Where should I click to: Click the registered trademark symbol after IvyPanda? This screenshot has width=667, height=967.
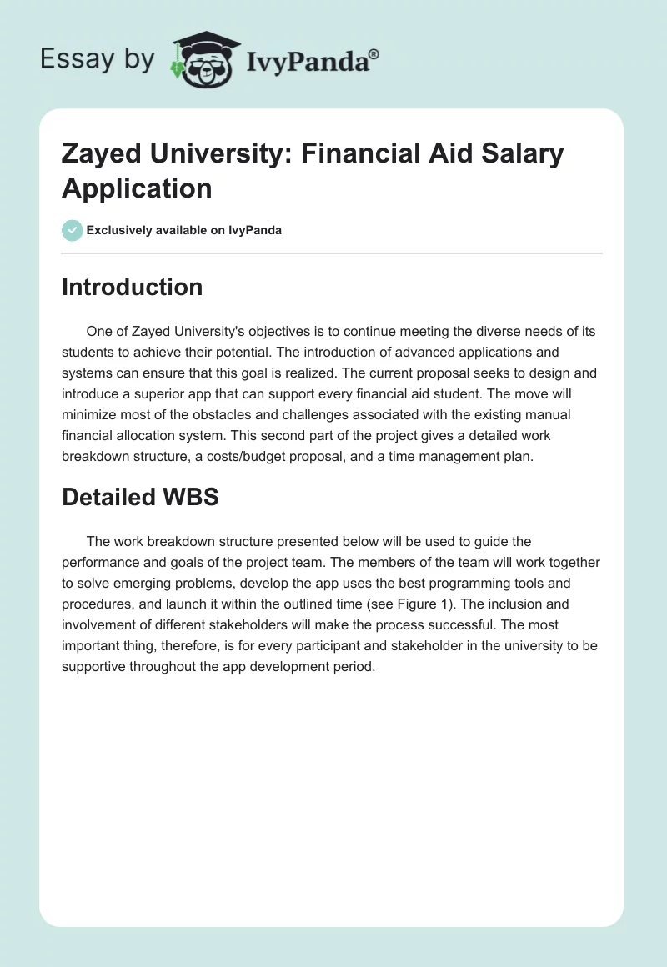374,55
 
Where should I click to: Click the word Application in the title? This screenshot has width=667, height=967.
137,188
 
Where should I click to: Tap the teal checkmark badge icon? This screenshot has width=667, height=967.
72,230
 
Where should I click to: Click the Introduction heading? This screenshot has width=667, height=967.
133,287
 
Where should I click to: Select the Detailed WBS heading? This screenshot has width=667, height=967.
140,497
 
